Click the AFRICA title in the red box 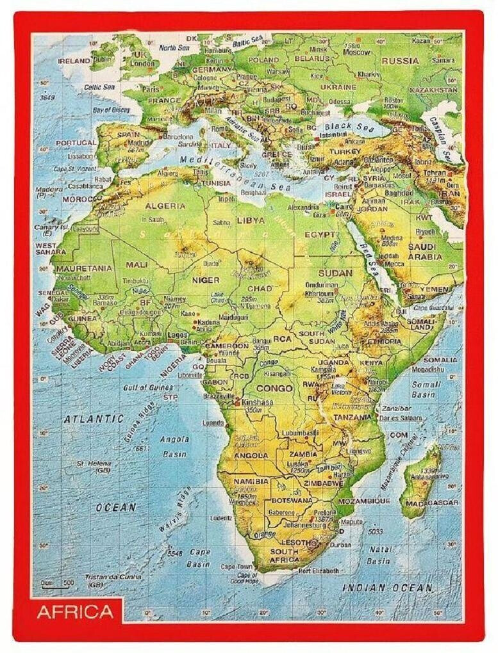coord(75,611)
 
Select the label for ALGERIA coord(165,206)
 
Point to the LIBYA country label coord(251,220)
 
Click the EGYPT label coord(320,235)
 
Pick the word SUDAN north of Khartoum coord(335,272)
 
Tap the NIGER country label coord(205,280)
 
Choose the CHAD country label coord(260,289)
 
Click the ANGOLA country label coord(251,455)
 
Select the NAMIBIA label coord(251,481)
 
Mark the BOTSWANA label coord(291,500)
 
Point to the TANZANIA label coord(352,417)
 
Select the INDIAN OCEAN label coord(386,587)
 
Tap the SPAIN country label coord(128,135)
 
